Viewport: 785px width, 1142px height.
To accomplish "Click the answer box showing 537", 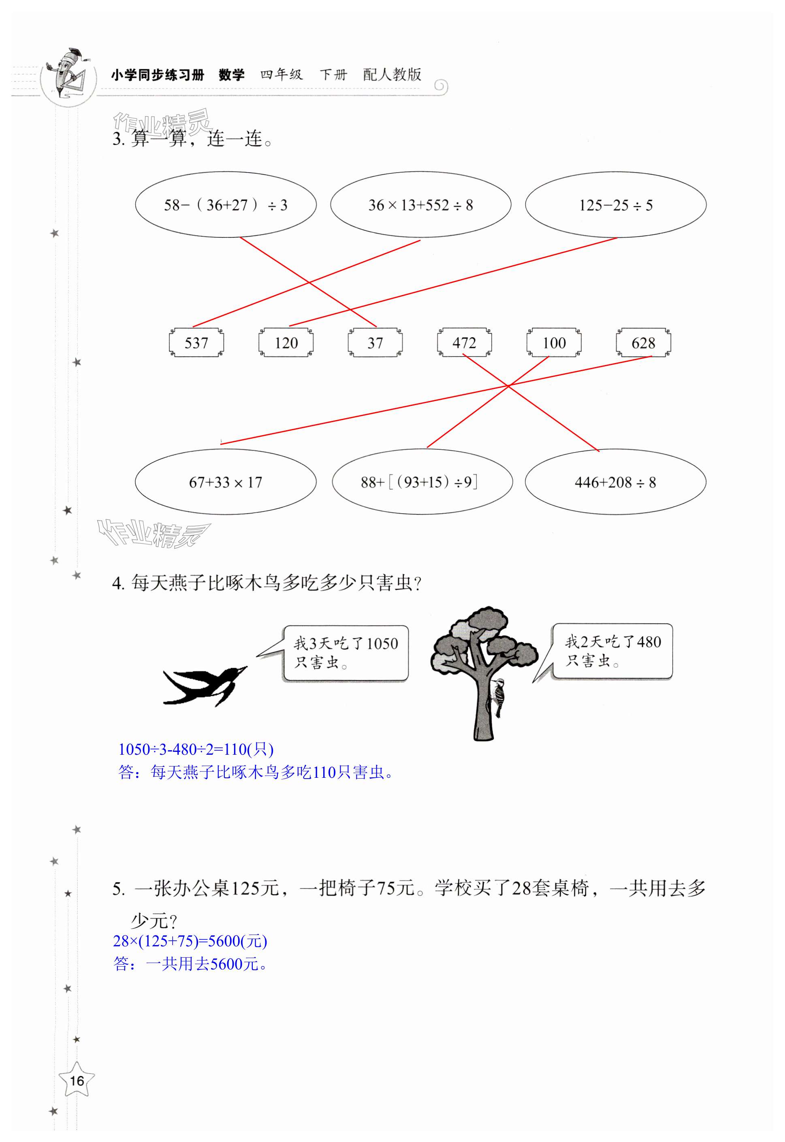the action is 196,342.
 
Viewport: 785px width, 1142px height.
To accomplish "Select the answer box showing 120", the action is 286,342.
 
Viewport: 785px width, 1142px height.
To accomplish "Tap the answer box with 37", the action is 375,342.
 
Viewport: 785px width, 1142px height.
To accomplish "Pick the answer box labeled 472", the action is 464,342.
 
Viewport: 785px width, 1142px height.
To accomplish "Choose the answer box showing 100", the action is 554,342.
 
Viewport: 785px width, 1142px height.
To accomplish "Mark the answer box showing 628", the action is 643,342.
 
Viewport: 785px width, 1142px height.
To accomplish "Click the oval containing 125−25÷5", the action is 615,205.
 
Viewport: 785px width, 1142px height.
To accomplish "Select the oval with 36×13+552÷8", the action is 420,205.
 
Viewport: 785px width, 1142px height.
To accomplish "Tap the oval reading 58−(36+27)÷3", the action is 226,205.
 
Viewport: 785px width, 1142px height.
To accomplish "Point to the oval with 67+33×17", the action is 226,482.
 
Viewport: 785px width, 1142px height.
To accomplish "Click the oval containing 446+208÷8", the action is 615,482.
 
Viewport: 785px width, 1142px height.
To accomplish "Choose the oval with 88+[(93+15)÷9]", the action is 422,482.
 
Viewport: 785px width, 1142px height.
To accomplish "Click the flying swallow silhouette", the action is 203,685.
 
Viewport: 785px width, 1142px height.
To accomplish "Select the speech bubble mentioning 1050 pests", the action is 346,653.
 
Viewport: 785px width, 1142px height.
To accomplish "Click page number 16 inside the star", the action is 77,1080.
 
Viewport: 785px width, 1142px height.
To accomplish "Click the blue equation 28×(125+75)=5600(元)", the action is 190,940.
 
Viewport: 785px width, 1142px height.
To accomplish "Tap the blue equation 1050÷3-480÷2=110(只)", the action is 196,749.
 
